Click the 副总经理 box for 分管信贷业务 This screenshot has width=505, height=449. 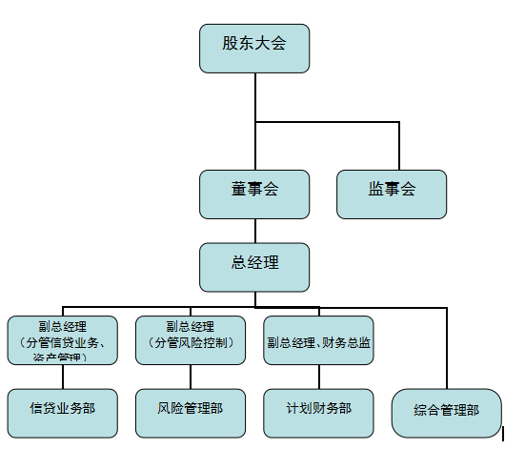[x=62, y=339]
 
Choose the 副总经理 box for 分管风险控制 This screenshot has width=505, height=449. [x=191, y=339]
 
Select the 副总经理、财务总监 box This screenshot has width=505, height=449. [x=319, y=340]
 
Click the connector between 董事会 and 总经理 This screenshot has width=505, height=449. [x=254, y=231]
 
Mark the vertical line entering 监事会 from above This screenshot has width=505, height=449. [x=399, y=145]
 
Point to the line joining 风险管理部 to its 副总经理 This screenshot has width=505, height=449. [x=191, y=376]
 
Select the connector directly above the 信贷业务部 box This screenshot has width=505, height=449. [x=63, y=376]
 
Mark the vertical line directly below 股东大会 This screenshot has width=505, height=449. [x=255, y=95]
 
